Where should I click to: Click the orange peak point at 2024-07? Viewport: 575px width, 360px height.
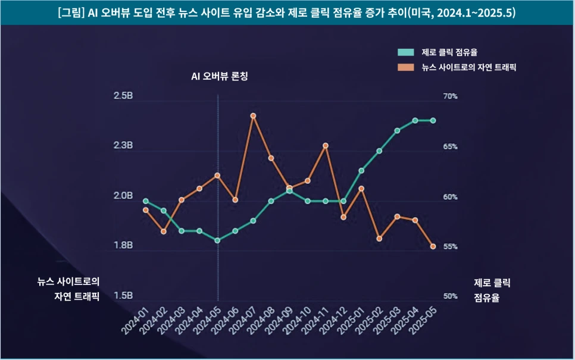(253, 116)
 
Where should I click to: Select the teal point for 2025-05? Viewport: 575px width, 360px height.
(433, 120)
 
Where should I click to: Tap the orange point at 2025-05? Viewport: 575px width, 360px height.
(433, 246)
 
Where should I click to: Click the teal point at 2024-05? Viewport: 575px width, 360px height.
(217, 240)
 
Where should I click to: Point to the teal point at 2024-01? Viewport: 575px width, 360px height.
(145, 201)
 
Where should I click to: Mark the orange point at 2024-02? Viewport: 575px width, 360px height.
(164, 231)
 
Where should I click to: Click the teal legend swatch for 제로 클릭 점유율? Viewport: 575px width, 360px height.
(406, 52)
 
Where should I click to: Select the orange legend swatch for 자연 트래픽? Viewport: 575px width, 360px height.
(406, 67)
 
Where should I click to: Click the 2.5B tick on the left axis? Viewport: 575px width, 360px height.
(123, 96)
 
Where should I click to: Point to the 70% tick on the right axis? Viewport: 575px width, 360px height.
(449, 96)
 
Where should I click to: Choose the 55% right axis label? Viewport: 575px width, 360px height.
(449, 246)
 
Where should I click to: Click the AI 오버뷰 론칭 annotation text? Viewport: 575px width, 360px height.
(218, 77)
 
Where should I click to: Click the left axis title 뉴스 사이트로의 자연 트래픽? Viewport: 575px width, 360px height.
(68, 289)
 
